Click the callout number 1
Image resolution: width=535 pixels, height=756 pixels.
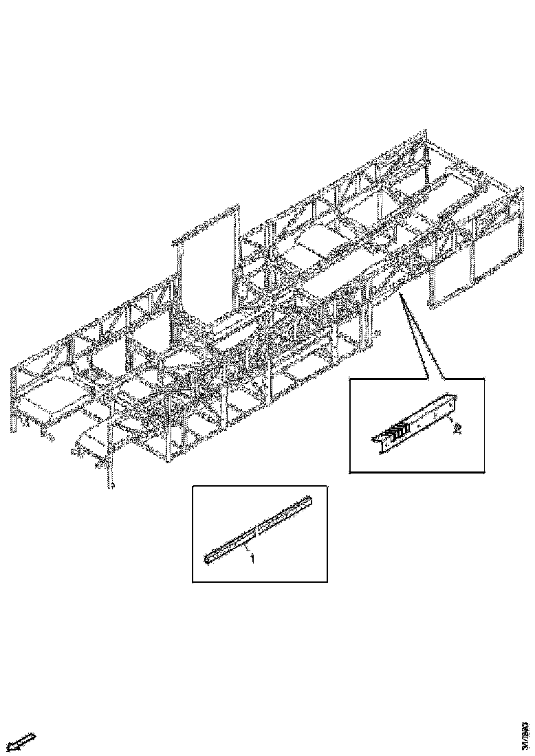(252, 559)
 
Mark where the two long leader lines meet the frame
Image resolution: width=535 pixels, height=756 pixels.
(400, 294)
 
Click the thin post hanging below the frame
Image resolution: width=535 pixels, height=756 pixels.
(109, 474)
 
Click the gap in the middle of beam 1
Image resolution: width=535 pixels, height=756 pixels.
(256, 530)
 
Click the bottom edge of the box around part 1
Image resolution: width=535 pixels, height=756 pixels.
(259, 582)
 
